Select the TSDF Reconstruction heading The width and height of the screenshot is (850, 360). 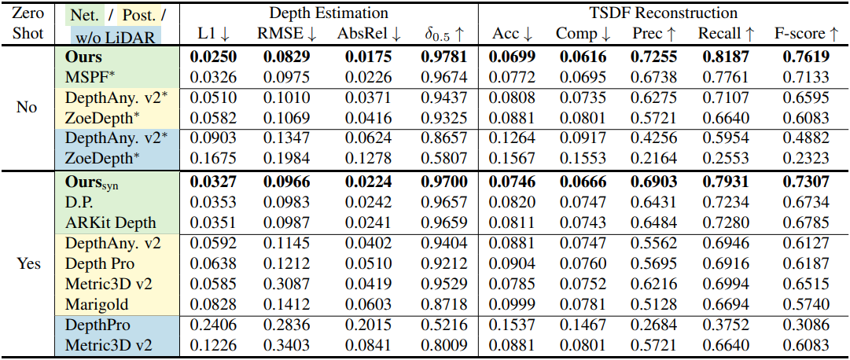click(664, 13)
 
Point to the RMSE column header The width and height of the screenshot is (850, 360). click(287, 34)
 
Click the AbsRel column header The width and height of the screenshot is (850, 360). click(369, 34)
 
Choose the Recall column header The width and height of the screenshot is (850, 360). click(726, 34)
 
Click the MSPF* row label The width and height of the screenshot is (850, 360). click(88, 77)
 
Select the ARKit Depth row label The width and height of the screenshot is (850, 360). click(111, 222)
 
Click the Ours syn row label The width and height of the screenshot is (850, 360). click(92, 182)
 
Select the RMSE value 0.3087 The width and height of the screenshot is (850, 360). click(287, 284)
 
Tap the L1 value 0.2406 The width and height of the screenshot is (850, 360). click(214, 325)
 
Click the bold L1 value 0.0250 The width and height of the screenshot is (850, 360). click(214, 57)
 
